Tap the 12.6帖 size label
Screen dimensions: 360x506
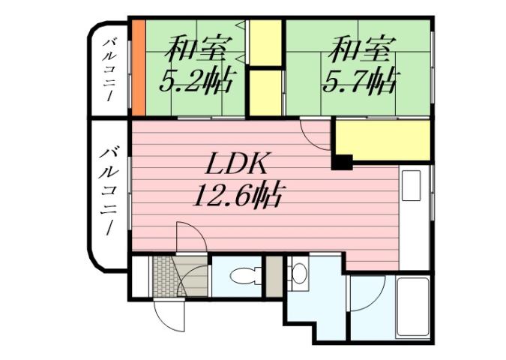pyautogui.click(x=237, y=196)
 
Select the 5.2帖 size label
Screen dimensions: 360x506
pyautogui.click(x=193, y=79)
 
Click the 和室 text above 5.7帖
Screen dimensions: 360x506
pyautogui.click(x=360, y=50)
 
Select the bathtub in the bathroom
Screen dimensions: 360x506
pyautogui.click(x=412, y=307)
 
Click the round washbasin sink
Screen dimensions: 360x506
pyautogui.click(x=299, y=274)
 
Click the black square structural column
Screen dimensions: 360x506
pyautogui.click(x=342, y=161)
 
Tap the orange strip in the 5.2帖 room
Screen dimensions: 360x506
pyautogui.click(x=138, y=67)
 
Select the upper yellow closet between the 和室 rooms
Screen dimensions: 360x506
pyautogui.click(x=265, y=43)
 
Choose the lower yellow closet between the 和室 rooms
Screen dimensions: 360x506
pyautogui.click(x=265, y=91)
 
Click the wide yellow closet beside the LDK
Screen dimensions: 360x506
pyautogui.click(x=382, y=140)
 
